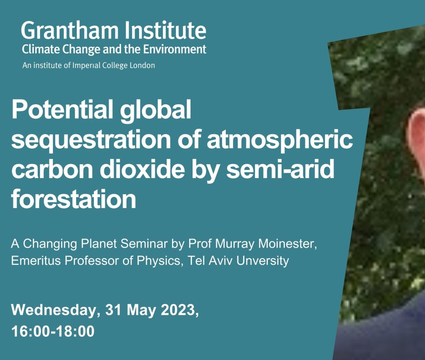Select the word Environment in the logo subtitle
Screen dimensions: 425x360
coord(174,50)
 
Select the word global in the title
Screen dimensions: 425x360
coord(156,110)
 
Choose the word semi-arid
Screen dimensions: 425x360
coord(280,169)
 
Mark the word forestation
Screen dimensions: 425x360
coord(73,199)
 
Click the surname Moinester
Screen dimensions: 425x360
coord(288,244)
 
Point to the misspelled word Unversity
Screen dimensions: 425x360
coord(263,261)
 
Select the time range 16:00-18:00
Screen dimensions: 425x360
coord(53,331)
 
